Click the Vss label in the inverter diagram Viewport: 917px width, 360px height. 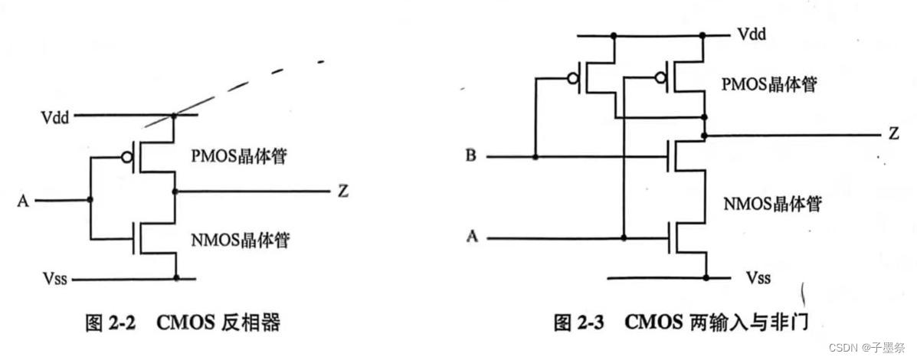pyautogui.click(x=55, y=280)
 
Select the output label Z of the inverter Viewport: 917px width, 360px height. pyautogui.click(x=342, y=191)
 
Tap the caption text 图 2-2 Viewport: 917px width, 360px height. pyautogui.click(x=110, y=323)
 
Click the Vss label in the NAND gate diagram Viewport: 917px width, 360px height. pyautogui.click(x=757, y=277)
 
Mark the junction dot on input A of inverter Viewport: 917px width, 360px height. pyautogui.click(x=90, y=201)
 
